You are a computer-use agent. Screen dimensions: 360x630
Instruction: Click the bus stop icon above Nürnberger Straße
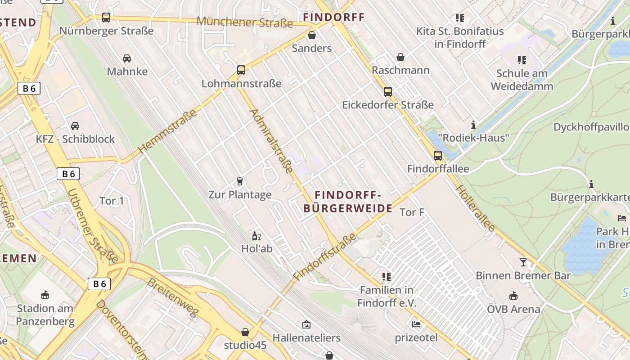click(106, 18)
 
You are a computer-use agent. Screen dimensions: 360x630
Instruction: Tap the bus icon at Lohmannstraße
click(241, 70)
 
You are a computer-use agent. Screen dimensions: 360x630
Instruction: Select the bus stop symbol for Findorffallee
click(438, 156)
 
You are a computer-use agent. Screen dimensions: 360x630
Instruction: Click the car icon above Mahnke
click(127, 58)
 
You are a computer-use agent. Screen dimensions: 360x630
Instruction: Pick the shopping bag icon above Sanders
click(311, 35)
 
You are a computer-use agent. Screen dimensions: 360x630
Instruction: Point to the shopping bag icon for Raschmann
click(400, 57)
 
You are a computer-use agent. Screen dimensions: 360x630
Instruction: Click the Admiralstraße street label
click(271, 140)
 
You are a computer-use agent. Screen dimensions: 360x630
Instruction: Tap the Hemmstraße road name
click(167, 131)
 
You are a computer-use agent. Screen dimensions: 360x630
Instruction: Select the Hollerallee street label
click(475, 208)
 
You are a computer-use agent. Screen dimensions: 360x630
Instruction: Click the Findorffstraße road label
click(324, 257)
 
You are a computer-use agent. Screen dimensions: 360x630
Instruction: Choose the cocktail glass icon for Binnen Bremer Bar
click(523, 262)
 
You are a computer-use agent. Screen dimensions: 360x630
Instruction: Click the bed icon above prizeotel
click(416, 324)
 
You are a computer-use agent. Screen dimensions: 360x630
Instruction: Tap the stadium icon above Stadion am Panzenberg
click(45, 295)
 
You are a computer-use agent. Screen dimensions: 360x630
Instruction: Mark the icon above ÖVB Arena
click(513, 296)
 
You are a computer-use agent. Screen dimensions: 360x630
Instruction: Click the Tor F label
click(412, 212)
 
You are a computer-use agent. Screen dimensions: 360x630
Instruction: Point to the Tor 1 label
click(111, 201)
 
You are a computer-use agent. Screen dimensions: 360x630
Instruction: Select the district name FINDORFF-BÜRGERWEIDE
click(348, 202)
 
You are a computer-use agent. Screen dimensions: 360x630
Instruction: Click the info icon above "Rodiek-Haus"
click(473, 125)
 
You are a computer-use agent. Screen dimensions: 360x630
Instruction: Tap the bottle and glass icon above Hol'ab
click(256, 236)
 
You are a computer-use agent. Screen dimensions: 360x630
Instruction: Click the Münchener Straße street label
click(245, 22)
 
